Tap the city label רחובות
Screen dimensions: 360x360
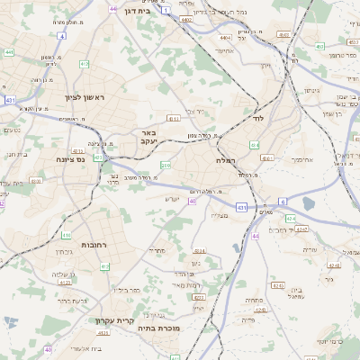tap(95, 245)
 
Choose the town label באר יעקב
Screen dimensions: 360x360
tap(148, 137)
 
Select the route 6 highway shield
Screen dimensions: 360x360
tap(282, 201)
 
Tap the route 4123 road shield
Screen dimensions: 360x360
tap(65, 282)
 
